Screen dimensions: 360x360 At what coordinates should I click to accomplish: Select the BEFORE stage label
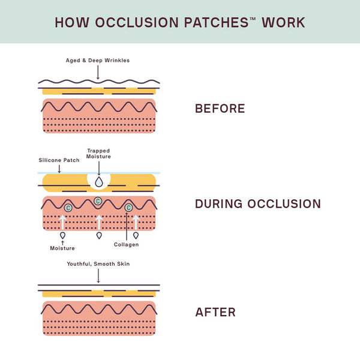[220, 109]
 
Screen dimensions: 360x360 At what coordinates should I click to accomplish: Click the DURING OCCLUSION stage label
[258, 204]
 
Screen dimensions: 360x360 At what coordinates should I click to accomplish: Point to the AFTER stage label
[215, 312]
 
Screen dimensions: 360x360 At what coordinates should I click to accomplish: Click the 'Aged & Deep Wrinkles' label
[97, 61]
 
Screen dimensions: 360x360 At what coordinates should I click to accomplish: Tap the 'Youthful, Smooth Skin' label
[98, 263]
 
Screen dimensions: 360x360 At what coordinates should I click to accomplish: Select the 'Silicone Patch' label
[59, 160]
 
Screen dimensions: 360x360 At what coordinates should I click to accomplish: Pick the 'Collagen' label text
[127, 244]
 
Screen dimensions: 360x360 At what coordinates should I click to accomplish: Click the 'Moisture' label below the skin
[63, 248]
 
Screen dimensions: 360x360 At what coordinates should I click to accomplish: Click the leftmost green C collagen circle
[68, 208]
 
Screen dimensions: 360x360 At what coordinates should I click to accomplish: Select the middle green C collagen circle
[98, 200]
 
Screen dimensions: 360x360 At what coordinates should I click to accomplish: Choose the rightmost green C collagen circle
[127, 208]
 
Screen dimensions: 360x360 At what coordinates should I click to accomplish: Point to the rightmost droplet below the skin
[136, 235]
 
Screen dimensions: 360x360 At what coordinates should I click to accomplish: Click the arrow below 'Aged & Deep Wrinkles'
[98, 73]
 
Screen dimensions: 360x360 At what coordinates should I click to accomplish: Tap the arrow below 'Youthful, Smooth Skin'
[98, 275]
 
